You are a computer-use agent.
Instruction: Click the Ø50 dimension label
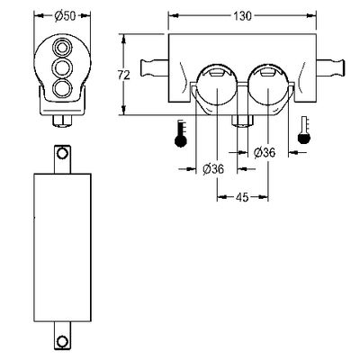(x=65, y=15)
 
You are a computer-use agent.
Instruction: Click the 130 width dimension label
(x=242, y=15)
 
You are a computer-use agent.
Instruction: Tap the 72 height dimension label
(x=123, y=75)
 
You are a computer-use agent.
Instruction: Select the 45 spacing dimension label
(x=242, y=197)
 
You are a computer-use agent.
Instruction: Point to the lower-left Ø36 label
(x=213, y=169)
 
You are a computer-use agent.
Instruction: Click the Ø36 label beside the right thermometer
(x=265, y=153)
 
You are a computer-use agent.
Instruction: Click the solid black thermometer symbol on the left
(x=181, y=133)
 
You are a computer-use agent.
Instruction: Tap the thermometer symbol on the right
(x=304, y=130)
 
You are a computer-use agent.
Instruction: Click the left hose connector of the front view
(x=154, y=68)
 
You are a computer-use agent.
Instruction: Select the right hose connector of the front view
(x=331, y=68)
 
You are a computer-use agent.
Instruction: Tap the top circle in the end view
(x=62, y=47)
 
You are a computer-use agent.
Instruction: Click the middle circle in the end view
(x=62, y=67)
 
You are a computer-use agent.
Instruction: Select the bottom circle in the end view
(x=62, y=89)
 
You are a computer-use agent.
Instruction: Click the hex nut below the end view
(x=62, y=121)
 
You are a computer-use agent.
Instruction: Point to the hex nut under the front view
(x=242, y=121)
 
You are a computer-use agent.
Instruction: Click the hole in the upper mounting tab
(x=62, y=153)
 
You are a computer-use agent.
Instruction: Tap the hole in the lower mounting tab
(x=62, y=341)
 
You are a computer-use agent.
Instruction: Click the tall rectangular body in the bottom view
(x=62, y=247)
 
